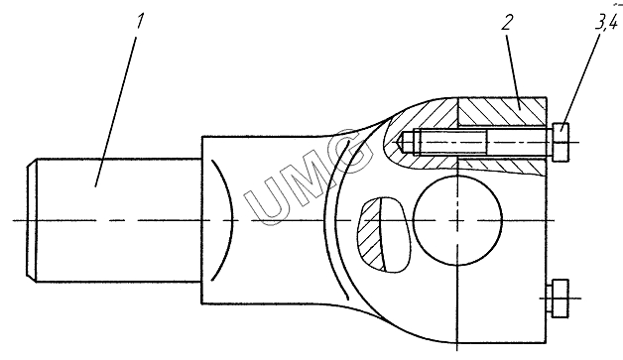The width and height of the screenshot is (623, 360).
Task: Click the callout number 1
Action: point(139,21)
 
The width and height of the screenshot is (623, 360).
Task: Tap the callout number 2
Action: point(507,22)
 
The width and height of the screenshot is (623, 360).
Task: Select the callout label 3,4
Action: point(607,22)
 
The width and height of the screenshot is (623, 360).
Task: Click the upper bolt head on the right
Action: point(561,142)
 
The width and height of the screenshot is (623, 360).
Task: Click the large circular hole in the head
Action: point(457,220)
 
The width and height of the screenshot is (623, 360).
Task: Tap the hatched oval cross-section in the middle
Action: point(371,234)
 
